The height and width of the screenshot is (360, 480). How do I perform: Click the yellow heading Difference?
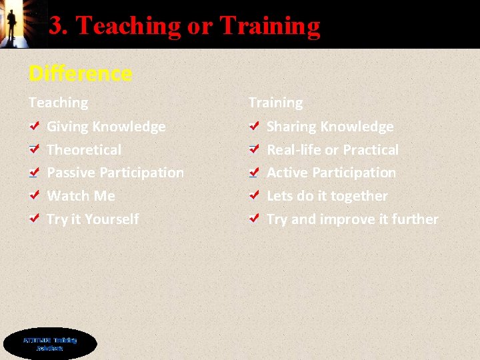tap(80, 73)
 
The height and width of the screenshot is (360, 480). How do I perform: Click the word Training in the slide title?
tap(269, 25)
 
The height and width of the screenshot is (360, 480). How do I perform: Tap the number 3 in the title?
tap(58, 25)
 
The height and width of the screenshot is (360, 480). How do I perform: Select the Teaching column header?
tap(58, 103)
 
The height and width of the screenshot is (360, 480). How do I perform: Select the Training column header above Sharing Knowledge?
tap(275, 103)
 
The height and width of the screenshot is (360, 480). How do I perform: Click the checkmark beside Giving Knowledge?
tap(34, 126)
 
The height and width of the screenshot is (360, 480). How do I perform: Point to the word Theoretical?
tap(84, 150)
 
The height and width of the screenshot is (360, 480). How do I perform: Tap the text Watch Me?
tap(81, 196)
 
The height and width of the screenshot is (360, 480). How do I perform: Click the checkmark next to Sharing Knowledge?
tap(253, 126)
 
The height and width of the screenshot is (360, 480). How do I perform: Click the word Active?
tap(287, 173)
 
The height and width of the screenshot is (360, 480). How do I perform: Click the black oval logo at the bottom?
tap(50, 344)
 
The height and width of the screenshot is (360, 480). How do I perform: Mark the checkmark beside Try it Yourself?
tap(34, 219)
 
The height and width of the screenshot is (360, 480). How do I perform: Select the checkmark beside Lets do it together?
tap(253, 196)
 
